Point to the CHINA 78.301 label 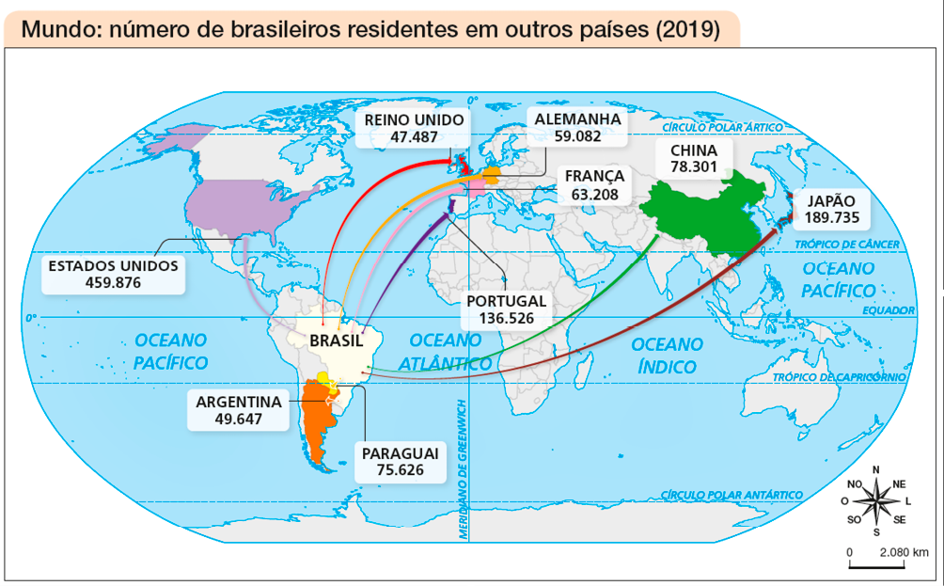694,158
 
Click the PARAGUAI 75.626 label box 400,461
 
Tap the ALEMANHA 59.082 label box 576,128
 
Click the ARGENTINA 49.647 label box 238,410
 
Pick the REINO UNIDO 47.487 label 414,128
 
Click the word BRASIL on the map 336,340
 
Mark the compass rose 876,500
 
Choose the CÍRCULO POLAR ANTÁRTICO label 732,495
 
